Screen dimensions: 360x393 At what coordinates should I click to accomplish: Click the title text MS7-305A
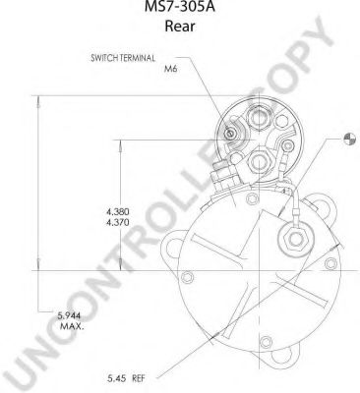tap(180, 7)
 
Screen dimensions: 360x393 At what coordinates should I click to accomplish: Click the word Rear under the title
tap(180, 27)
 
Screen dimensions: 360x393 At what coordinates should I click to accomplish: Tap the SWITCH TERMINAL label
tap(123, 58)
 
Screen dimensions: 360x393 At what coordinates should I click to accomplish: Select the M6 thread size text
tap(171, 69)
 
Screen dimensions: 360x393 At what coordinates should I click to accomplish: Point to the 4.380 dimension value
tap(118, 211)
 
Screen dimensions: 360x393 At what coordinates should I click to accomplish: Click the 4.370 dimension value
tap(118, 223)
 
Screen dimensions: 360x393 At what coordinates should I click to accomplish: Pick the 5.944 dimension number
tap(69, 316)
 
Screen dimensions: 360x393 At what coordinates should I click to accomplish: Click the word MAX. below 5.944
tap(72, 326)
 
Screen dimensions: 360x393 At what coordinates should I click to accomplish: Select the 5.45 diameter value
tap(117, 379)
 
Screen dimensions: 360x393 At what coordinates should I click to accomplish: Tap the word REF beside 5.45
tap(139, 379)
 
